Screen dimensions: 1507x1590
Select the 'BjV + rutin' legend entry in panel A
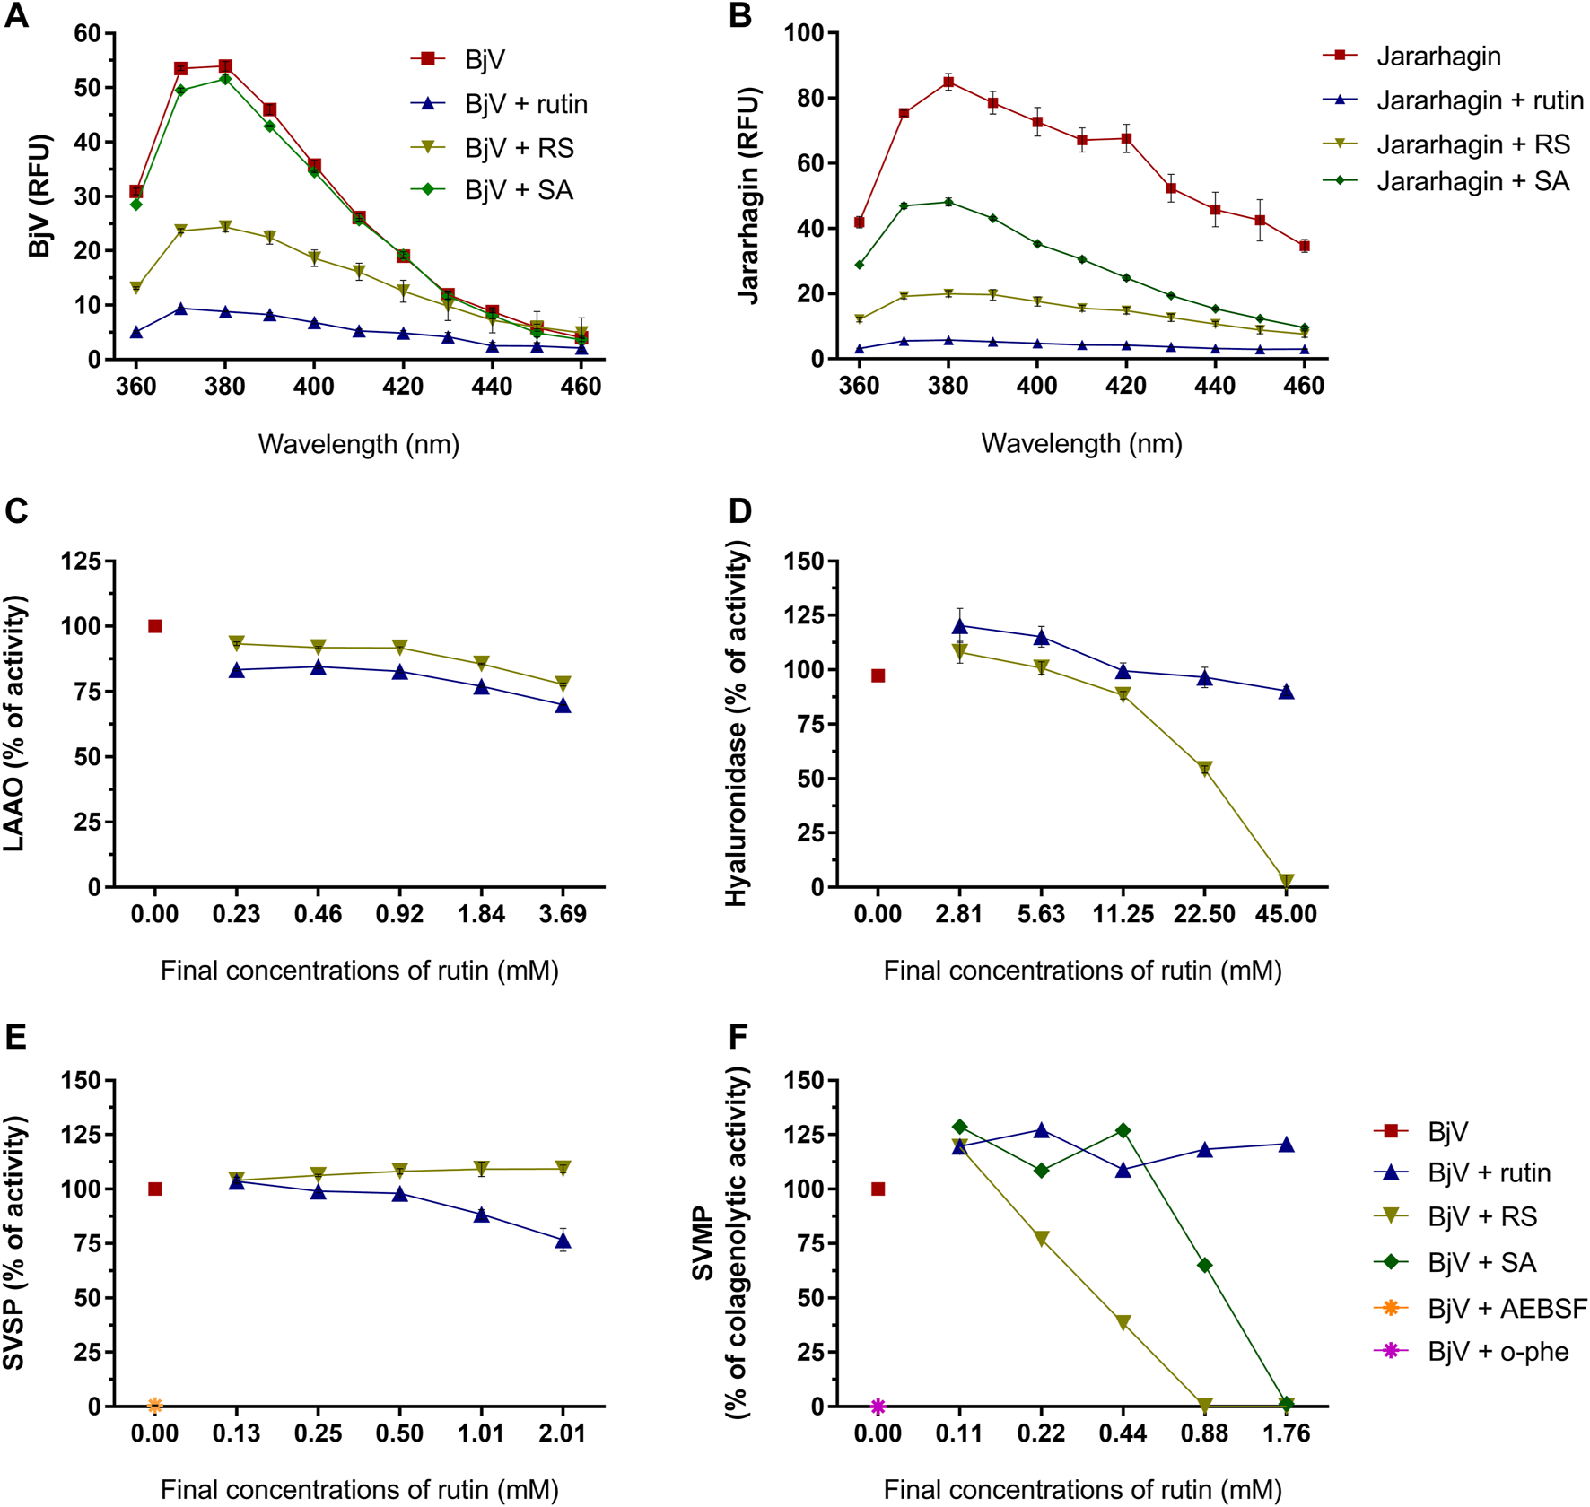[x=526, y=104]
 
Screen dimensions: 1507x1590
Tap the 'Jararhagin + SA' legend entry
[x=1472, y=181]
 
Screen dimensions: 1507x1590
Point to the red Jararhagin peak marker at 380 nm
[x=948, y=82]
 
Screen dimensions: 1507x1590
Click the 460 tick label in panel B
[x=1304, y=386]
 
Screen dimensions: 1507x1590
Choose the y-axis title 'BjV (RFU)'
[x=39, y=196]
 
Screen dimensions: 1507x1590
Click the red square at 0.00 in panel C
[x=155, y=626]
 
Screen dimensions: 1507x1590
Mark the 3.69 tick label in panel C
[x=563, y=914]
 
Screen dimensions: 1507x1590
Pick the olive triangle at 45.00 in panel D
[x=1287, y=881]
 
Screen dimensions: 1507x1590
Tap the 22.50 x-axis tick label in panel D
[x=1204, y=914]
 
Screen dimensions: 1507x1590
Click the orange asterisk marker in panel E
[x=155, y=1405]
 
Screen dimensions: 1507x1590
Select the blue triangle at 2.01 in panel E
[x=563, y=1241]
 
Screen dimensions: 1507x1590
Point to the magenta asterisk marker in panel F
[x=878, y=1406]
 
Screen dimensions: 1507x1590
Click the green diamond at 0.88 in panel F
[x=1204, y=1265]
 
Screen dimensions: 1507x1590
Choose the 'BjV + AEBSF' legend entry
[x=1507, y=1308]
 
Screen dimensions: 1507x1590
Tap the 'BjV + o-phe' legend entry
[x=1498, y=1352]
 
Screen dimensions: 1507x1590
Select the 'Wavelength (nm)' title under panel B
[x=1081, y=443]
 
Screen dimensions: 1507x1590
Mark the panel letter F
[x=738, y=1037]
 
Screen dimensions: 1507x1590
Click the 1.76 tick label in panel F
[x=1287, y=1433]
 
